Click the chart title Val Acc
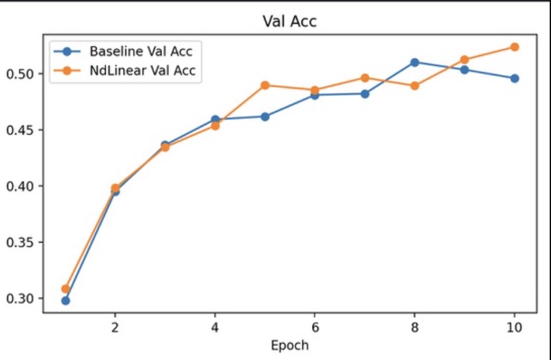click(x=289, y=22)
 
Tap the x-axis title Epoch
click(x=289, y=344)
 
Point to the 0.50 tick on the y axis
click(x=22, y=74)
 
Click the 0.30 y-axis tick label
click(x=22, y=299)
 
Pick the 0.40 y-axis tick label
click(x=22, y=186)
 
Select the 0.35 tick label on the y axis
click(x=22, y=243)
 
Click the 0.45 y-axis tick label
click(x=22, y=130)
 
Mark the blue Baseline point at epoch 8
click(x=414, y=63)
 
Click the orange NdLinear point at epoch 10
click(x=514, y=47)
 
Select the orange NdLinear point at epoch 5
click(x=265, y=85)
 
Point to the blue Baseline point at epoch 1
click(x=65, y=301)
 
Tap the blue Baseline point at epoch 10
click(x=514, y=78)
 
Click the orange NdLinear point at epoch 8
click(x=414, y=86)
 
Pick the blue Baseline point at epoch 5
click(x=265, y=117)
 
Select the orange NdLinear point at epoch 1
click(x=65, y=289)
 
